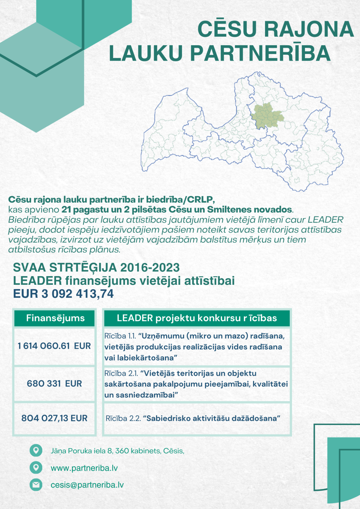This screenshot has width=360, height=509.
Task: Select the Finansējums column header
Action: (55, 318)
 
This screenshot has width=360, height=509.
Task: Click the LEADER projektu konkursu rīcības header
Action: (197, 318)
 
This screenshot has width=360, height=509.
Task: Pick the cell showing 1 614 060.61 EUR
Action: (54, 346)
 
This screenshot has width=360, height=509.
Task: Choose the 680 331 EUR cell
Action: (54, 384)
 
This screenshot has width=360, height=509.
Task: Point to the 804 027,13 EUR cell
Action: (54, 418)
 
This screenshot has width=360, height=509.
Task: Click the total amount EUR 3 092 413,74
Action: (63, 294)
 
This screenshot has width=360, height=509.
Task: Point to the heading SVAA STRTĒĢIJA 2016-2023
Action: (96, 267)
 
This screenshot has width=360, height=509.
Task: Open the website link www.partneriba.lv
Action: (84, 468)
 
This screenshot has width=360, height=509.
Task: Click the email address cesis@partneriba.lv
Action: (87, 485)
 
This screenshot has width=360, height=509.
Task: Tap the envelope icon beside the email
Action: (36, 485)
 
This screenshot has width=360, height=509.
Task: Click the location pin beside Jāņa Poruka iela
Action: (36, 450)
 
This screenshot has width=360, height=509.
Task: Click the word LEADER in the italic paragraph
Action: (325, 220)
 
